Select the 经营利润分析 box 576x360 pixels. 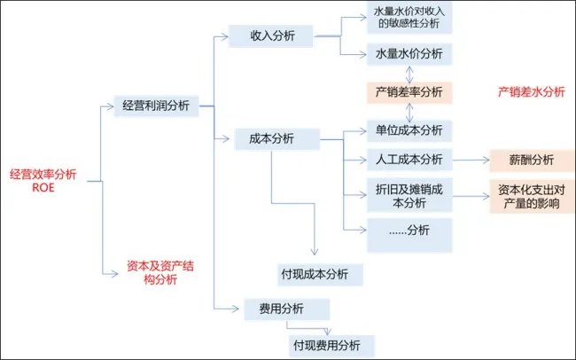pyautogui.click(x=155, y=106)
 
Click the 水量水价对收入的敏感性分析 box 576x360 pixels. pyautogui.click(x=409, y=19)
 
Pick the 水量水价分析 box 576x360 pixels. pyautogui.click(x=409, y=54)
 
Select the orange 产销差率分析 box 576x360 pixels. pyautogui.click(x=409, y=91)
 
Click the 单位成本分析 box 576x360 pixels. pyautogui.click(x=409, y=129)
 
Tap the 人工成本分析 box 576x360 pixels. pyautogui.click(x=409, y=160)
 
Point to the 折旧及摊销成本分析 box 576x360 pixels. pyautogui.click(x=409, y=196)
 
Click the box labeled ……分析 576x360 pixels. pyautogui.click(x=409, y=231)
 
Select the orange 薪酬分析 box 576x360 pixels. pyautogui.click(x=531, y=160)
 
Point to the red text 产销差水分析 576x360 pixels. pyautogui.click(x=531, y=92)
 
